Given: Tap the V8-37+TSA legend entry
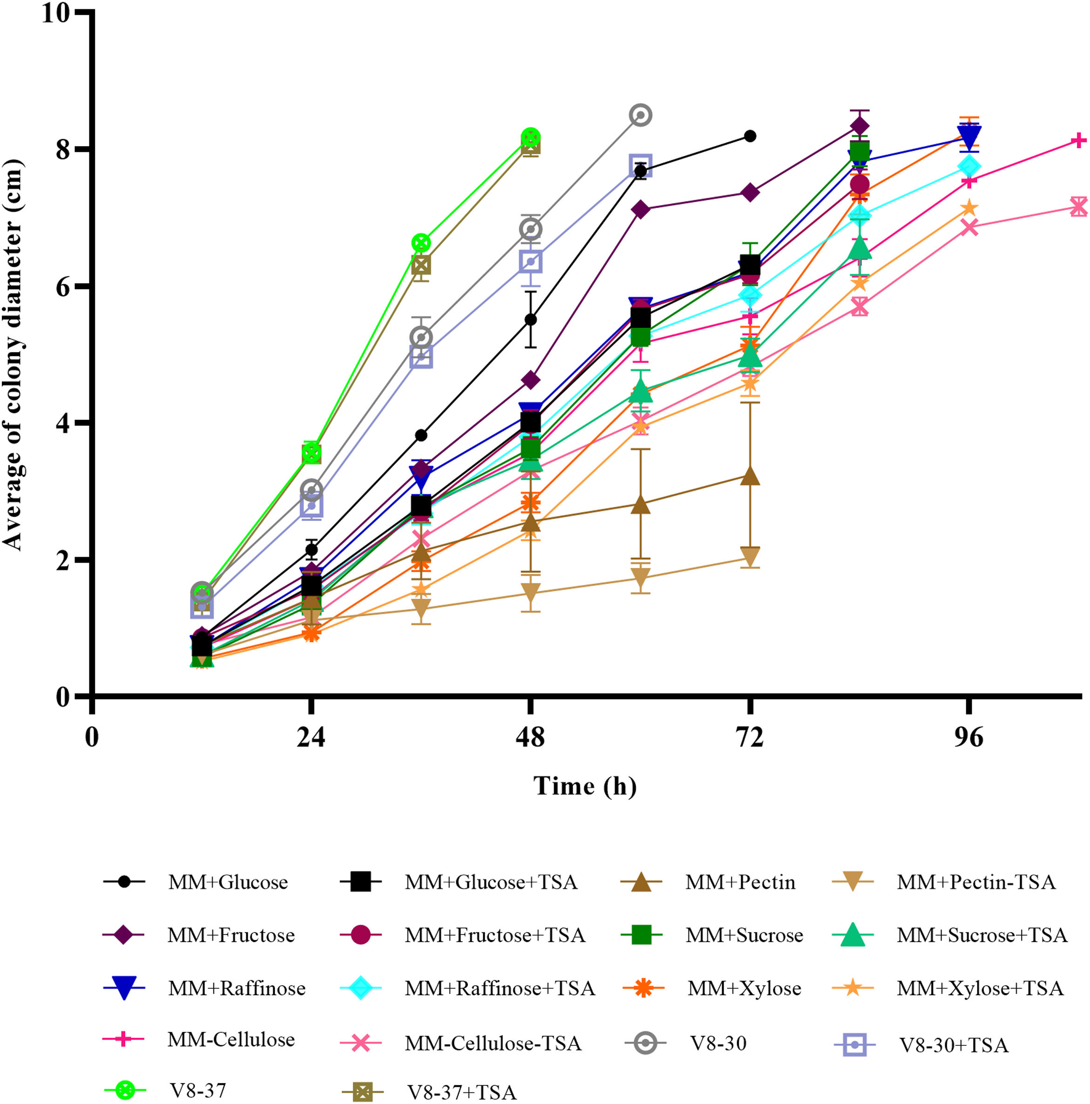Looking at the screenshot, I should [461, 1092].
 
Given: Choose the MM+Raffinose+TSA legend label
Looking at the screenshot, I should [500, 988].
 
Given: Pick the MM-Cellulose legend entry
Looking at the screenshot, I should [231, 1039].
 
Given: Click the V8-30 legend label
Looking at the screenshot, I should [718, 1043].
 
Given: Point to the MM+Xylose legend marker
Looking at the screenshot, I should [643, 988].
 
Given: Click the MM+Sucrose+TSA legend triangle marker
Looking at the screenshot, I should [853, 935].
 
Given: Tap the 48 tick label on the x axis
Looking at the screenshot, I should [530, 738].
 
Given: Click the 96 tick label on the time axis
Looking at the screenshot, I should [969, 738].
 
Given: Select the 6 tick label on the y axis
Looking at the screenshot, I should [63, 286].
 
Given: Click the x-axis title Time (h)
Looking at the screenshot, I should [585, 786].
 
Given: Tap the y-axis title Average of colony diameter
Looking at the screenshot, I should [13, 354].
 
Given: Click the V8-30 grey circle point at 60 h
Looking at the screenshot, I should [641, 115].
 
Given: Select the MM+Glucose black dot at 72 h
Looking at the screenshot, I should [750, 136].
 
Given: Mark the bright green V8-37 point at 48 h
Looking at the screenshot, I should [530, 137].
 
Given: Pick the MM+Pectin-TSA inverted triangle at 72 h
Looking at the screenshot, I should [750, 555].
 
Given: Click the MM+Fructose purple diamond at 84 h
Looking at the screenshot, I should [860, 125].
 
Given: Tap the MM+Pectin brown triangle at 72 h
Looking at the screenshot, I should [750, 477].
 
